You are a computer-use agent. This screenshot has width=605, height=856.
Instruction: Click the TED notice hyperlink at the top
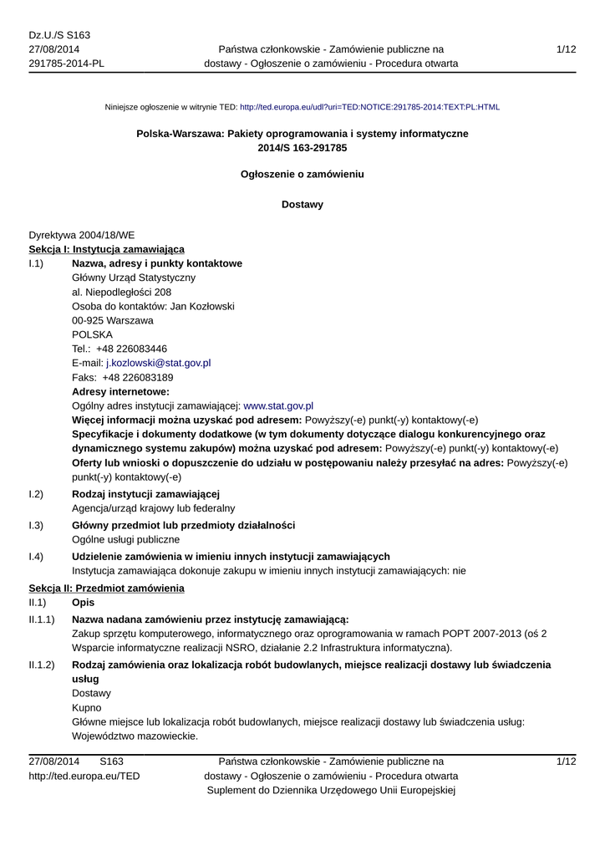click(x=369, y=108)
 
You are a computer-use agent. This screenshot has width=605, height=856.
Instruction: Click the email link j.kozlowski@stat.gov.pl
click(x=158, y=364)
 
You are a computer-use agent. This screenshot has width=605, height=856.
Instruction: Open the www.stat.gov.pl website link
click(x=277, y=405)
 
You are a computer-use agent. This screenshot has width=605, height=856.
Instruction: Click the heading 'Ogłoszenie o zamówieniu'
click(x=302, y=175)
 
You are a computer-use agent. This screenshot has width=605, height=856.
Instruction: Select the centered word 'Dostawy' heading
click(x=302, y=205)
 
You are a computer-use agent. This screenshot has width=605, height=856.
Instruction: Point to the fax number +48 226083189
click(x=137, y=378)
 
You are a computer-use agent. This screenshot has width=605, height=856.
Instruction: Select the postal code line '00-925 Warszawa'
click(x=113, y=321)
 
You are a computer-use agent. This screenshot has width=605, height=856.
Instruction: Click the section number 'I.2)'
click(x=36, y=494)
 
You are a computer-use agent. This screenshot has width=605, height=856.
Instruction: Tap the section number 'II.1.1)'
click(x=42, y=619)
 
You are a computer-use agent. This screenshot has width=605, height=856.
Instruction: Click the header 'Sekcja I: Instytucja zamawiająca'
click(x=107, y=249)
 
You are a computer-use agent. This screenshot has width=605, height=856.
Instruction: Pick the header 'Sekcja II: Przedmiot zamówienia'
click(x=106, y=588)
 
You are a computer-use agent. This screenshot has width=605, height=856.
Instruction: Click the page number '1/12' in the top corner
click(x=566, y=49)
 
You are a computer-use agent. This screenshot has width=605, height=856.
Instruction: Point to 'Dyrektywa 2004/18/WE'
click(x=81, y=235)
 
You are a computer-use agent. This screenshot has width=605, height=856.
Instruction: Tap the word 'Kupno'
click(x=87, y=708)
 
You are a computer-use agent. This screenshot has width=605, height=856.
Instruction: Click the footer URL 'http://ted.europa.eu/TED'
click(x=84, y=777)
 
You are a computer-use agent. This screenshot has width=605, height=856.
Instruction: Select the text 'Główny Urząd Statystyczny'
click(x=135, y=278)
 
